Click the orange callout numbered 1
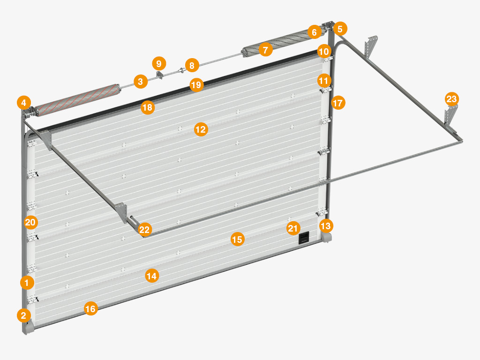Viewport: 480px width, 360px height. (x=27, y=283)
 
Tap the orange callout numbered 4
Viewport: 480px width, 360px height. (x=24, y=103)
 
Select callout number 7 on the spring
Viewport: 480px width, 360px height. (x=265, y=49)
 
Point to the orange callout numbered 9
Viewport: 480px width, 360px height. (x=159, y=64)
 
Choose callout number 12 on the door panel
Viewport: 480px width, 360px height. (x=201, y=129)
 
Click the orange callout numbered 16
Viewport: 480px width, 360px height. (x=90, y=308)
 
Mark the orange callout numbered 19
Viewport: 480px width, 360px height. (x=196, y=84)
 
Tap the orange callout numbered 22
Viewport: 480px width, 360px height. (x=144, y=229)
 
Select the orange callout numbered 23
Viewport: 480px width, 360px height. (x=451, y=99)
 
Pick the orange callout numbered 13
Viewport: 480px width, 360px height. (x=326, y=226)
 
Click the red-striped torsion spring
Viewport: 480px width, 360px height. (x=76, y=100)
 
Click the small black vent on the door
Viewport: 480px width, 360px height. (x=304, y=238)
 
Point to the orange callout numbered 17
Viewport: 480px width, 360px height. (x=338, y=103)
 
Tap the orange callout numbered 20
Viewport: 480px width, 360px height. (x=30, y=222)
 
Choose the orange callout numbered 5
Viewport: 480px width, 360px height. (x=340, y=29)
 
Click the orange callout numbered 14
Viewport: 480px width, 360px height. (x=152, y=276)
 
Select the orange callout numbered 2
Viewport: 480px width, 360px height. (x=24, y=315)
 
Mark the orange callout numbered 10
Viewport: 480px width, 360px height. (x=324, y=51)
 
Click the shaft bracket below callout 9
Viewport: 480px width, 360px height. (x=160, y=75)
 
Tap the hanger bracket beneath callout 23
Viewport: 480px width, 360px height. (x=450, y=116)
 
